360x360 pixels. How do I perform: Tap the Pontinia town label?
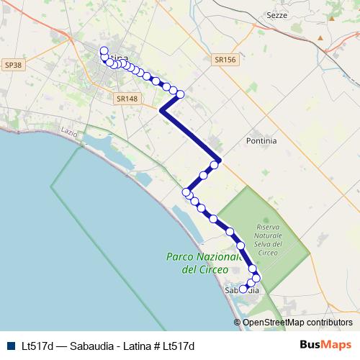point(261,141)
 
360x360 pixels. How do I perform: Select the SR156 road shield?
point(225,60)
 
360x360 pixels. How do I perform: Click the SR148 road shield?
point(126,99)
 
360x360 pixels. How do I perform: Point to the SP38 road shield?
point(13,65)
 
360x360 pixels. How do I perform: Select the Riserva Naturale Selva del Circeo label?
point(269,239)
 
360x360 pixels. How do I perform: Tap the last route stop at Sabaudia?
point(243,289)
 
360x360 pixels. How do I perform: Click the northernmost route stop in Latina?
point(104,50)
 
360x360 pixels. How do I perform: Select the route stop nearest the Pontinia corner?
point(215,165)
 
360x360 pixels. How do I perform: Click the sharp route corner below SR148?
point(161,111)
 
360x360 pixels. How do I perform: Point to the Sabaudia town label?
point(241,291)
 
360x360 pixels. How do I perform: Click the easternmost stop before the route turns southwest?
point(181,94)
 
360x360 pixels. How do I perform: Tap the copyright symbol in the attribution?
point(237,323)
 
